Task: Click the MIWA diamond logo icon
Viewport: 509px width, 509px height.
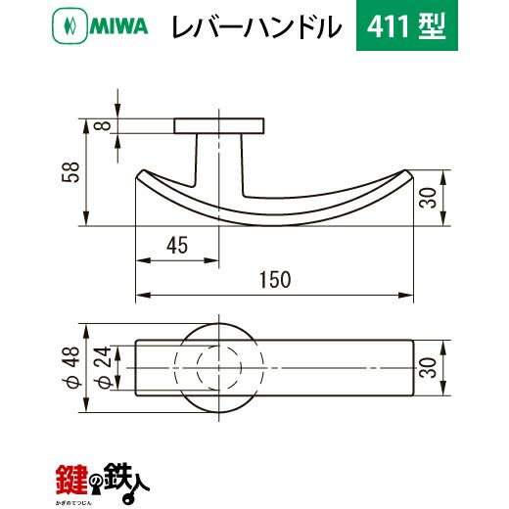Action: point(69,26)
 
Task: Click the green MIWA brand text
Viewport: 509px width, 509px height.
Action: point(119,26)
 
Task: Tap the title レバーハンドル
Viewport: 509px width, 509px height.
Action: point(256,26)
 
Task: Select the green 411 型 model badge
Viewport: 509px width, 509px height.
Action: point(407,25)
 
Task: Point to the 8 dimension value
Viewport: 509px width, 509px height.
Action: point(105,125)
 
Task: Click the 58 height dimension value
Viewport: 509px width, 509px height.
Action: point(71,172)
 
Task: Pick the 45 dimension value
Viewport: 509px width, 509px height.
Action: point(177,246)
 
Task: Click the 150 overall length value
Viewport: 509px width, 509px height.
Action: point(275,280)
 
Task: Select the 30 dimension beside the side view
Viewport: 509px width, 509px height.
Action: point(429,198)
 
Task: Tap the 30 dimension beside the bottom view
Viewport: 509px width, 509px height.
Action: point(429,368)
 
